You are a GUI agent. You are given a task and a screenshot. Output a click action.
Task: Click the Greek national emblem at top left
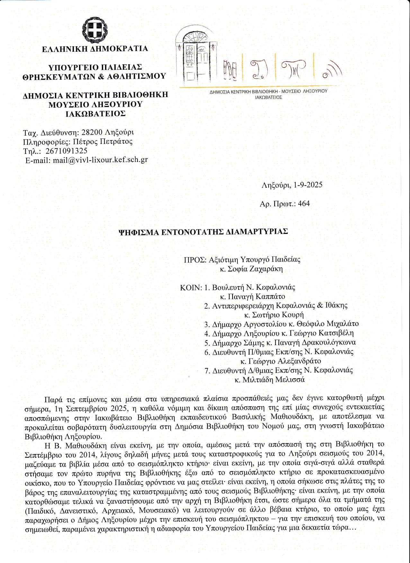point(95,31)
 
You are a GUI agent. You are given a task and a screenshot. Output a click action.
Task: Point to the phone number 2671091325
point(67,151)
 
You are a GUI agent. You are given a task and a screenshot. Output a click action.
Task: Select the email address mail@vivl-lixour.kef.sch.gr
point(100,160)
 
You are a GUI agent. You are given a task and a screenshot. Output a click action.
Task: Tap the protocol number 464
point(304,203)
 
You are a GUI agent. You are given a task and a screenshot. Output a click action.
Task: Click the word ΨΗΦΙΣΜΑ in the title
point(138,232)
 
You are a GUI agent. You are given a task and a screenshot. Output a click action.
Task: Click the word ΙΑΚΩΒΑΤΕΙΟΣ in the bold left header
point(95,114)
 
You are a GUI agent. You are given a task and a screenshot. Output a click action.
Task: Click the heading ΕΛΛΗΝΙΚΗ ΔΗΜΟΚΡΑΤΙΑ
point(95,49)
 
